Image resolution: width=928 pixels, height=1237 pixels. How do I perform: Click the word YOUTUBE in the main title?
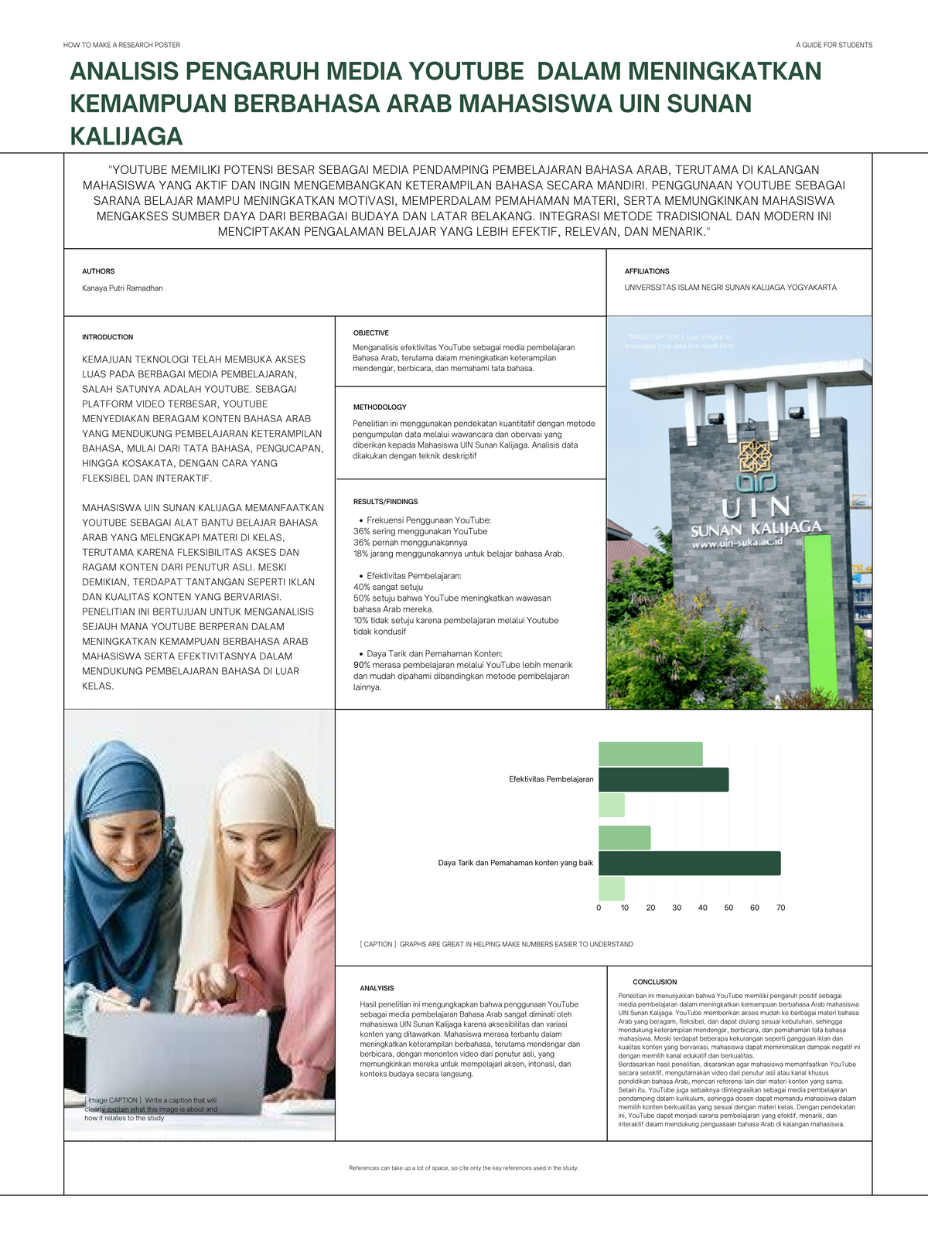point(466,71)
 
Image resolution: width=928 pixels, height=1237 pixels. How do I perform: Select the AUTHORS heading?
point(98,271)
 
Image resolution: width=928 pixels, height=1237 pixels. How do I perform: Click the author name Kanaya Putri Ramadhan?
point(122,288)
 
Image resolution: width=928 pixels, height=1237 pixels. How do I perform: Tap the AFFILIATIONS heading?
point(647,271)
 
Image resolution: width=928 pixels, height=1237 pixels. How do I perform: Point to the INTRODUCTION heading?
point(107,337)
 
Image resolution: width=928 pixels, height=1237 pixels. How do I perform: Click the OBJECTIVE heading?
point(370,333)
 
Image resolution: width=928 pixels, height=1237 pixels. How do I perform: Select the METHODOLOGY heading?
point(380,407)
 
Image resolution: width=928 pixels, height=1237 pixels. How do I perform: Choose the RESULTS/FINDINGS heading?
point(385,502)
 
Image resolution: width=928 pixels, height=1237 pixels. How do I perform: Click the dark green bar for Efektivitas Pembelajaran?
point(663,779)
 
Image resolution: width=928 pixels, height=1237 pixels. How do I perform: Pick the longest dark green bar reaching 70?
point(689,863)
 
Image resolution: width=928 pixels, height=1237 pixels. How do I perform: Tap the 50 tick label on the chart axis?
point(728,908)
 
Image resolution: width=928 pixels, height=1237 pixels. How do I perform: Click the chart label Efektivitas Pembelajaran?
point(551,779)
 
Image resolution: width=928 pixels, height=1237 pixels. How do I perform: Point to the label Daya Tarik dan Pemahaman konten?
point(515,863)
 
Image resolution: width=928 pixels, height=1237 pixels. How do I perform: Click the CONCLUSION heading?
point(654,982)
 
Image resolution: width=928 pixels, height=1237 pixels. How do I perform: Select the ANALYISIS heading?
point(377,988)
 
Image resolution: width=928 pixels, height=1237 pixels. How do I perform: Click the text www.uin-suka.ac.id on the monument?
point(737,544)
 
